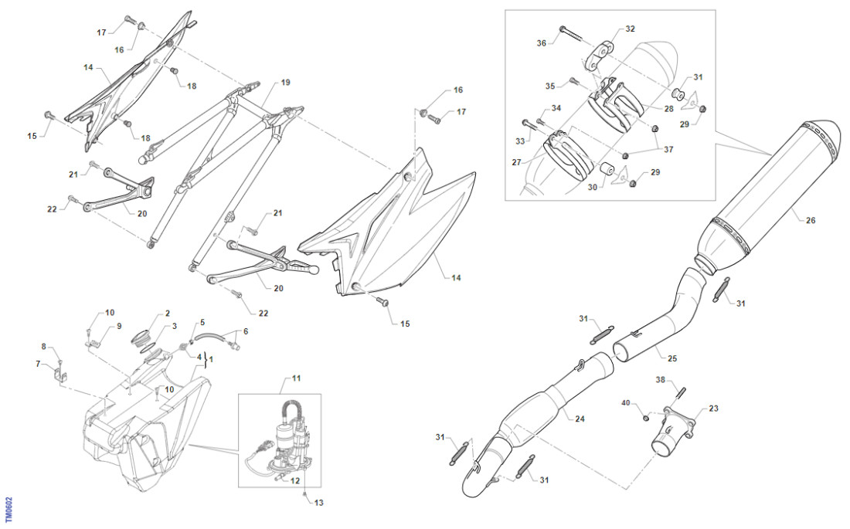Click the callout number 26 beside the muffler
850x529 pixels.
pyautogui.click(x=810, y=220)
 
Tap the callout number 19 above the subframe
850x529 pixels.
pyautogui.click(x=285, y=82)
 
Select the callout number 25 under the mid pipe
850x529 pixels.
pyautogui.click(x=671, y=359)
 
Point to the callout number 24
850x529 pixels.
pyautogui.click(x=580, y=418)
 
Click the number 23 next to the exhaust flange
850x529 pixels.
pyautogui.click(x=712, y=409)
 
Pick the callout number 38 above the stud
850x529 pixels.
pyautogui.click(x=661, y=380)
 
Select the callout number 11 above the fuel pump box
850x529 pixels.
pyautogui.click(x=297, y=379)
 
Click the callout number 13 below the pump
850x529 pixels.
pyautogui.click(x=319, y=502)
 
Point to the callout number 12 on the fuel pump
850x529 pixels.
pyautogui.click(x=294, y=480)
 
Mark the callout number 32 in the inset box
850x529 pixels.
pyautogui.click(x=630, y=29)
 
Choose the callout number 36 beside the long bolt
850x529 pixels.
pyautogui.click(x=541, y=43)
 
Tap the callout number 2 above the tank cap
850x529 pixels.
pyautogui.click(x=167, y=314)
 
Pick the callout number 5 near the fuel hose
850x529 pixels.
pyautogui.click(x=202, y=321)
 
